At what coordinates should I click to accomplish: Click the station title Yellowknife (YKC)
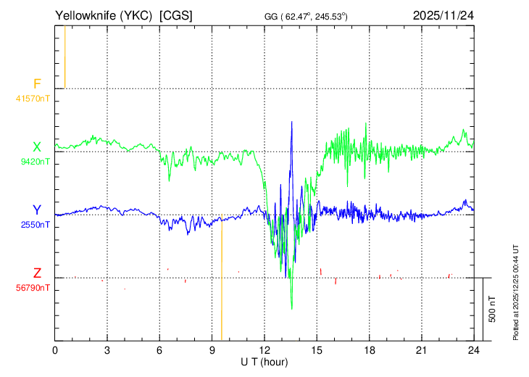point(104,16)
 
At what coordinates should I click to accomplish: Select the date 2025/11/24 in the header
point(443,15)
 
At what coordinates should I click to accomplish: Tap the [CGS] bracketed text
point(176,16)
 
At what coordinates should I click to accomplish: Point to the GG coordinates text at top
point(306,17)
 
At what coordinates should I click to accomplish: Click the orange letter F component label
point(37,83)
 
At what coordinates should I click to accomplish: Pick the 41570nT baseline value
point(33,99)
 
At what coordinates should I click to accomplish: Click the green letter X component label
point(37,147)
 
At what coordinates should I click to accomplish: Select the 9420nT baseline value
point(35,162)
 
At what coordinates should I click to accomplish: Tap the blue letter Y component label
point(37,210)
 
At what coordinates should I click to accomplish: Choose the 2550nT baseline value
point(35,225)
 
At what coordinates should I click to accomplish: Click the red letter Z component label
point(37,273)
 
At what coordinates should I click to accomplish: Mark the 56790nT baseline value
point(33,288)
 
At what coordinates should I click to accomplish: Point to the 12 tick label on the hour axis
point(264,351)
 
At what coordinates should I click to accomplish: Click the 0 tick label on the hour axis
point(55,351)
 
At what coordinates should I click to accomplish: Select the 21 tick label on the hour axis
point(422,351)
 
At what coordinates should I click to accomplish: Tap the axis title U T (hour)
point(264,362)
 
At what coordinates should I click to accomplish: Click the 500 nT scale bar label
point(492,309)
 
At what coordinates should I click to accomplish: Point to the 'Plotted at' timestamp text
point(516,292)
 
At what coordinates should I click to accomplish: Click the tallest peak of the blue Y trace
point(292,122)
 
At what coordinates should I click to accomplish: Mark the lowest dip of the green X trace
point(292,308)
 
